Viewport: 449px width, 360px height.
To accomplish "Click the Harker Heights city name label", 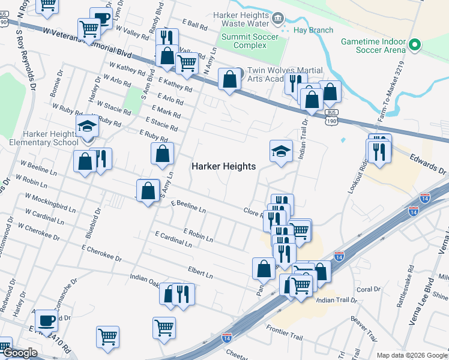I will pyautogui.click(x=223, y=166).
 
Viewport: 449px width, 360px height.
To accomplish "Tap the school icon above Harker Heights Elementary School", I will pyautogui.click(x=88, y=126).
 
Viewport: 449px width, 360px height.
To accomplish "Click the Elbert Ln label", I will pyautogui.click(x=200, y=273).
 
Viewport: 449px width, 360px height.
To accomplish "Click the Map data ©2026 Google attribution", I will pyautogui.click(x=411, y=355).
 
